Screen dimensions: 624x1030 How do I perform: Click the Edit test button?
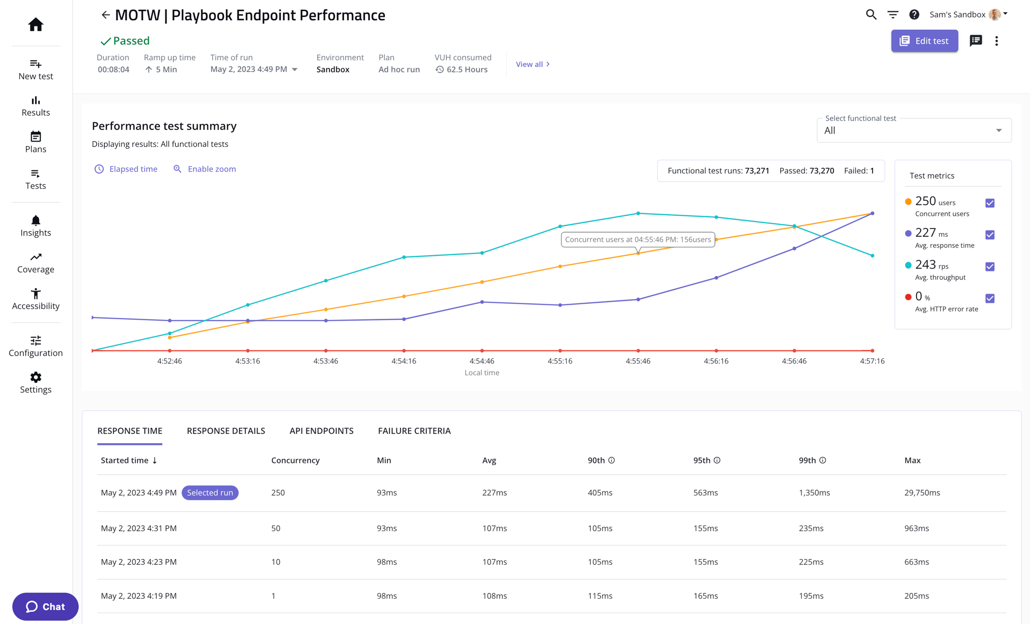pyautogui.click(x=924, y=41)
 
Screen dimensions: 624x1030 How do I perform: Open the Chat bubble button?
pyautogui.click(x=45, y=606)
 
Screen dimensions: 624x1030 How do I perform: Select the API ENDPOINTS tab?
pyautogui.click(x=321, y=431)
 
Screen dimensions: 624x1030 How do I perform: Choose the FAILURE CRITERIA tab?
pyautogui.click(x=414, y=431)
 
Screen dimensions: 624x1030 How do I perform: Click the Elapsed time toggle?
pyautogui.click(x=126, y=169)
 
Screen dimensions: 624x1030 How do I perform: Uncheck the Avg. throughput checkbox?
pyautogui.click(x=990, y=267)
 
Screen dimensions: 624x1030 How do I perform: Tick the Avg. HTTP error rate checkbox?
pyautogui.click(x=990, y=299)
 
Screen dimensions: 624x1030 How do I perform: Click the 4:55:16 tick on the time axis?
pyautogui.click(x=560, y=361)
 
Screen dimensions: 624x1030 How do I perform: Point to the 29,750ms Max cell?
pyautogui.click(x=922, y=493)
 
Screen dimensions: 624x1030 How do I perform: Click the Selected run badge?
pyautogui.click(x=210, y=493)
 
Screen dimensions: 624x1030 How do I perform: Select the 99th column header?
pyautogui.click(x=807, y=460)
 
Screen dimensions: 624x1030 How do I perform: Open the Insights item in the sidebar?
pyautogui.click(x=36, y=226)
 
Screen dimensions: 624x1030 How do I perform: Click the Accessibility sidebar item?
pyautogui.click(x=36, y=299)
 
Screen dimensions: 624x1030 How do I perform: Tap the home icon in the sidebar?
pyautogui.click(x=36, y=24)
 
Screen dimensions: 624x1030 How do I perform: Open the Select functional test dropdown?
pyautogui.click(x=914, y=131)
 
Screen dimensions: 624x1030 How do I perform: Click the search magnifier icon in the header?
pyautogui.click(x=871, y=14)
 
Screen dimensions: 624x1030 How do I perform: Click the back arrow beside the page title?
pyautogui.click(x=106, y=15)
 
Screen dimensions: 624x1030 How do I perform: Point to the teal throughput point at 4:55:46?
pyautogui.click(x=638, y=213)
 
